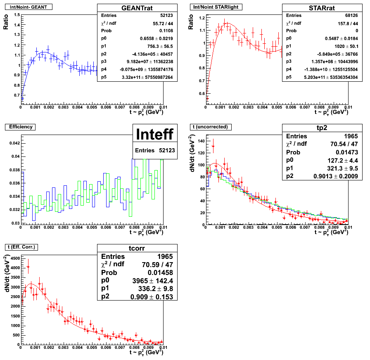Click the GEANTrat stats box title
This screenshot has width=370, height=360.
137,8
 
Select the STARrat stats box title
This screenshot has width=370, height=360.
323,8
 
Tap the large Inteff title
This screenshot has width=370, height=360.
155,135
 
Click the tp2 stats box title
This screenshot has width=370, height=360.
323,128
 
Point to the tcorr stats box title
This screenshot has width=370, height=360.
137,248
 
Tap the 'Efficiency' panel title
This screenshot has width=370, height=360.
20,127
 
